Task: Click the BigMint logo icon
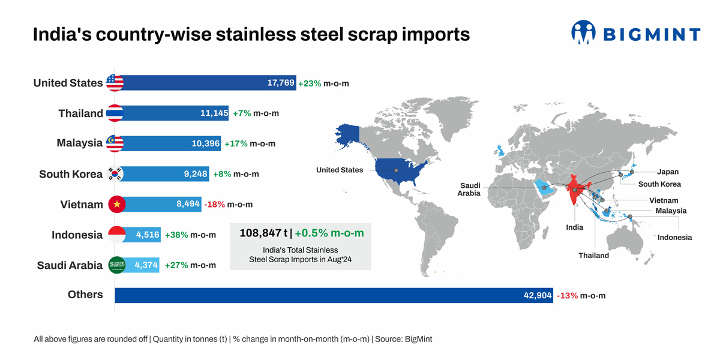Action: click(x=583, y=32)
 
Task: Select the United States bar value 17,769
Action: click(x=281, y=83)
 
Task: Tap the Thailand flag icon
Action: click(x=115, y=113)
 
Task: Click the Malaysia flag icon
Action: click(x=115, y=143)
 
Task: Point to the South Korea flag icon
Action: click(x=115, y=174)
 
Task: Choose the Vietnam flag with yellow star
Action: click(x=116, y=205)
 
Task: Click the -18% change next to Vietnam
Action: click(x=214, y=205)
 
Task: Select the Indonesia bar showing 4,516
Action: click(x=148, y=235)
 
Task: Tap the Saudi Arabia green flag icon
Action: click(x=116, y=265)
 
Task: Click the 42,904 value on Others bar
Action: click(x=537, y=295)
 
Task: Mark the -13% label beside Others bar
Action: click(x=567, y=295)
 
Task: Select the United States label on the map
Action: click(x=340, y=170)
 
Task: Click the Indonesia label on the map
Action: click(x=674, y=238)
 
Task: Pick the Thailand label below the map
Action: click(x=593, y=256)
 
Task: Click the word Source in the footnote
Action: click(x=388, y=339)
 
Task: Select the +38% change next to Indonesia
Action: click(x=176, y=235)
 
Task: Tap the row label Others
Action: click(x=85, y=295)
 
